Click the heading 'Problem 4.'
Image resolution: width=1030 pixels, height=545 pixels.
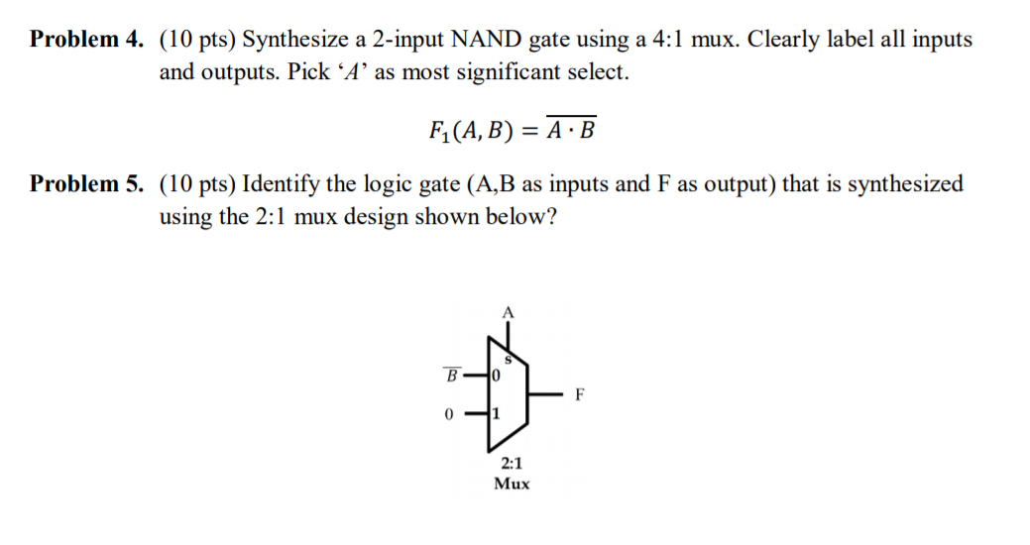87,41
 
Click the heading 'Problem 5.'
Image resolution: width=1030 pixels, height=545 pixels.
87,184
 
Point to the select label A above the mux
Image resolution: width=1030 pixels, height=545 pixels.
509,312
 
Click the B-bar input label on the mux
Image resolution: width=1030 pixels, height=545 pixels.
451,376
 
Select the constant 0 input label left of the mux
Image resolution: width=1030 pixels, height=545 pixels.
449,415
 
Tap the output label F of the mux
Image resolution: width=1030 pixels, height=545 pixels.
580,396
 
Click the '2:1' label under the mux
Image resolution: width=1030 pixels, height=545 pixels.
513,463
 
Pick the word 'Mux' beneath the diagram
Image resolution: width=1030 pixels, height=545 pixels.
513,484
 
